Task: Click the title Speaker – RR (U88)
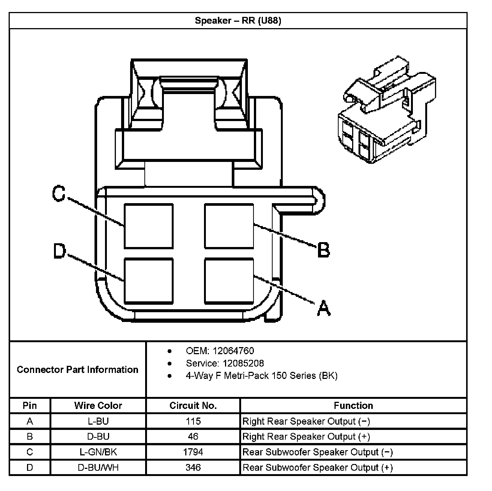coord(238,21)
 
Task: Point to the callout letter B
coord(323,250)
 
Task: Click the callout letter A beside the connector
coord(324,308)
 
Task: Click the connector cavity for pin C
coord(148,226)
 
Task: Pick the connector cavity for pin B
coord(229,226)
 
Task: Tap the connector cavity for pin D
coord(148,281)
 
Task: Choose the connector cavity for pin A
coord(229,281)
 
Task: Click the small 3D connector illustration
coord(386,111)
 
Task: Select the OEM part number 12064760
coord(233,351)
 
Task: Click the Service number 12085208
coord(243,363)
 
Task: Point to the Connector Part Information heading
coord(78,370)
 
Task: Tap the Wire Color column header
coord(98,406)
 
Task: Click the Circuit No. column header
coord(193,406)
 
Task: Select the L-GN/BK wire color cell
coord(98,452)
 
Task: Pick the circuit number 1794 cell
coord(193,452)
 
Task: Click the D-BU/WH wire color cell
coord(98,467)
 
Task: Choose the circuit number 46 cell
coord(193,437)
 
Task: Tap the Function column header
coord(353,406)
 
